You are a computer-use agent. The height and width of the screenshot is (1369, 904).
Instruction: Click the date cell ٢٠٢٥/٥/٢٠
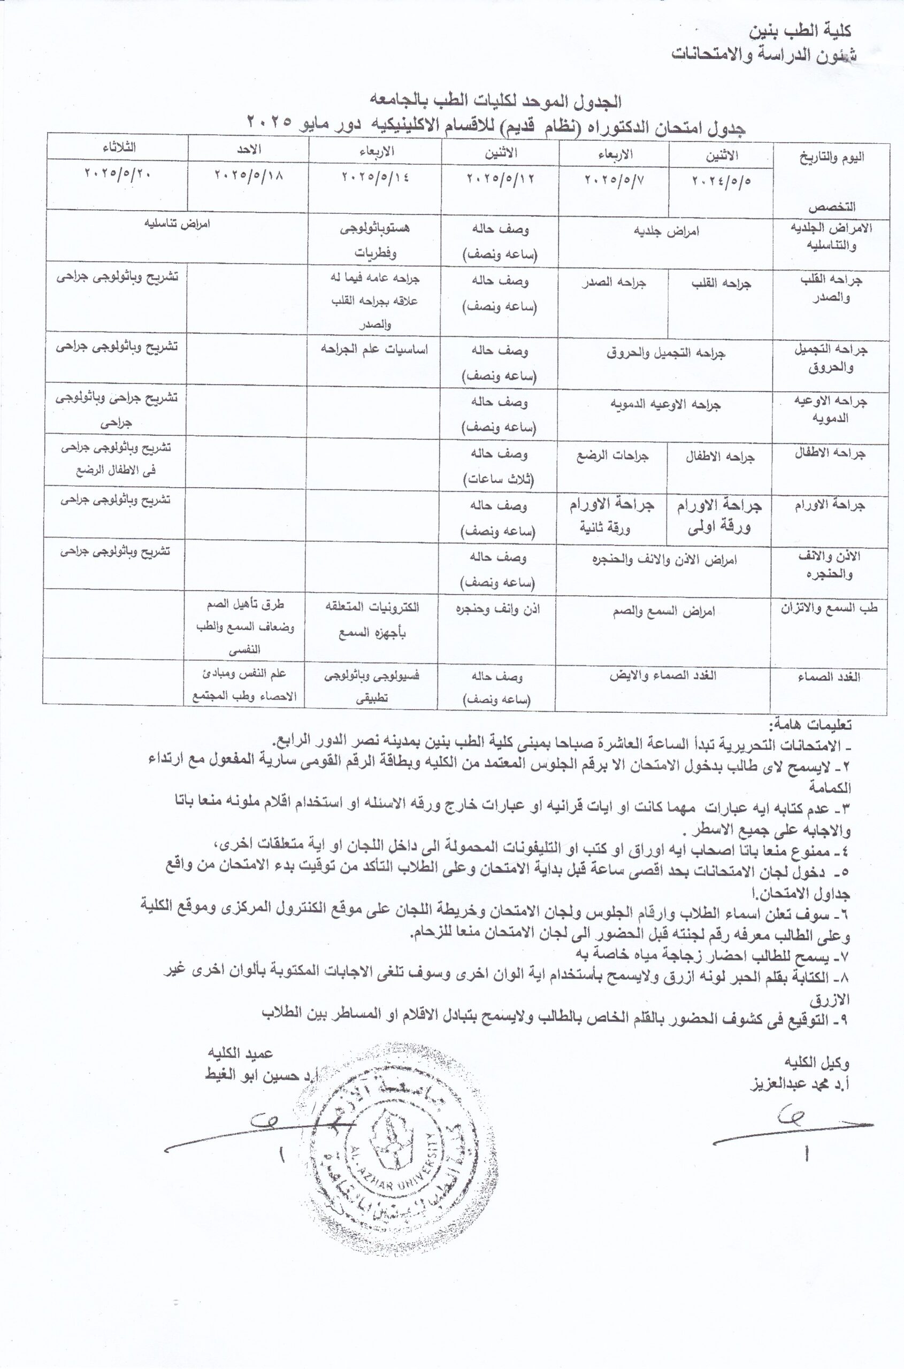(x=118, y=173)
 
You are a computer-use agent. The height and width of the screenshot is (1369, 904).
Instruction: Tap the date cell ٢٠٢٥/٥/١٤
(x=376, y=176)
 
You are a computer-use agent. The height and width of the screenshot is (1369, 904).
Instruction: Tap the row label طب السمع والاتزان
(x=829, y=607)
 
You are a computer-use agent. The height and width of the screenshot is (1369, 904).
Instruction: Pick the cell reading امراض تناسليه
(x=177, y=224)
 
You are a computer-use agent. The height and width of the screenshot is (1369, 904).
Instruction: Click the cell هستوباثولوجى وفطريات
(x=376, y=240)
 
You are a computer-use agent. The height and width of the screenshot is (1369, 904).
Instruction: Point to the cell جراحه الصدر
(x=614, y=283)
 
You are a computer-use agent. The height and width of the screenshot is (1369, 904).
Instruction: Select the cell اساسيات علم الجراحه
(x=375, y=349)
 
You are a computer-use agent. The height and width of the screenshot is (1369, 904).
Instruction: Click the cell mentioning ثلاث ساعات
(x=499, y=466)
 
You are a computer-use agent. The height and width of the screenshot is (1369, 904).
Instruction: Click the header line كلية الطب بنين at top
(x=801, y=31)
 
